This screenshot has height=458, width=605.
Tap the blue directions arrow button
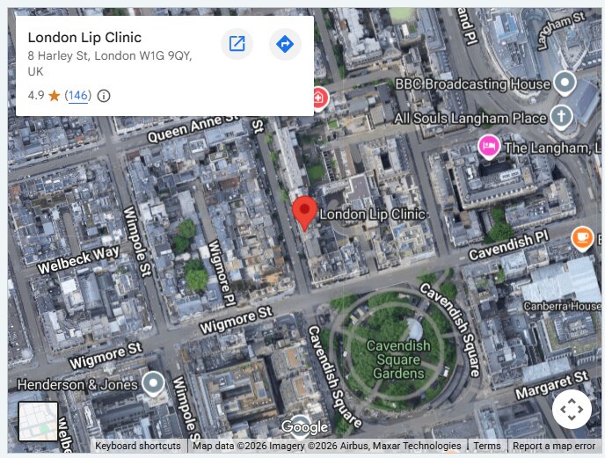coord(284,44)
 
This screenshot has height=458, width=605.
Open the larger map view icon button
coord(237,44)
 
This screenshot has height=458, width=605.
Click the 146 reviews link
coord(78,96)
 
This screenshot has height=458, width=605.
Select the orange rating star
coord(55,96)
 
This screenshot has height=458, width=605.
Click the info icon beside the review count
coord(104,96)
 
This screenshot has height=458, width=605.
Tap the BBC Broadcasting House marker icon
coord(564,84)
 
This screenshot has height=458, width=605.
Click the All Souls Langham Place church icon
coord(561,116)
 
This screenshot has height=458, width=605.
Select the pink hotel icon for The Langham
coord(489,145)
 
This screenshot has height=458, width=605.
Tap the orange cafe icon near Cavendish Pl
coord(581,237)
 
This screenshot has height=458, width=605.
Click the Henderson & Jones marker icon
coord(155,383)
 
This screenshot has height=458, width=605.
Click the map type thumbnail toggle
coord(39,422)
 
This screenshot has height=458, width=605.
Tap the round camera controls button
coord(572,409)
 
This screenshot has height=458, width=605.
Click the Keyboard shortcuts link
coord(138,446)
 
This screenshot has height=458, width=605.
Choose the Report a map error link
coord(554,446)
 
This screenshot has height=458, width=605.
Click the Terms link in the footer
coord(487,446)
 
